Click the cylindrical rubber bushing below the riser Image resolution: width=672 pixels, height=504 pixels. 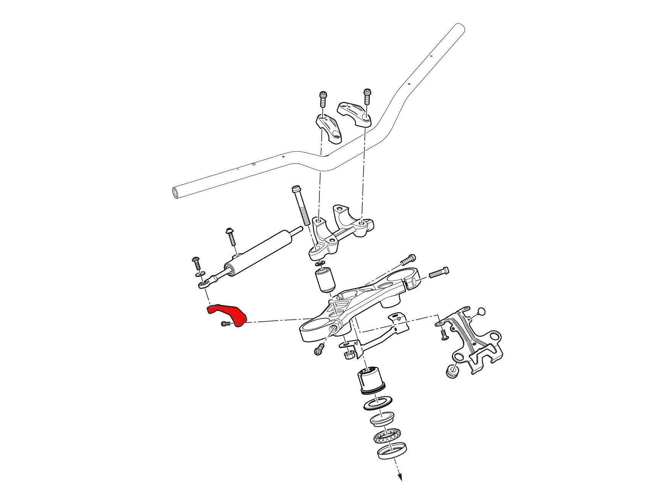click(x=325, y=280)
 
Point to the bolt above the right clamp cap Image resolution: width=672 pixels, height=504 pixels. click(x=368, y=95)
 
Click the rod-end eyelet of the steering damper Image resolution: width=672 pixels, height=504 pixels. click(x=202, y=285)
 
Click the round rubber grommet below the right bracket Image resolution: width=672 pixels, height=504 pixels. click(x=451, y=371)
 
